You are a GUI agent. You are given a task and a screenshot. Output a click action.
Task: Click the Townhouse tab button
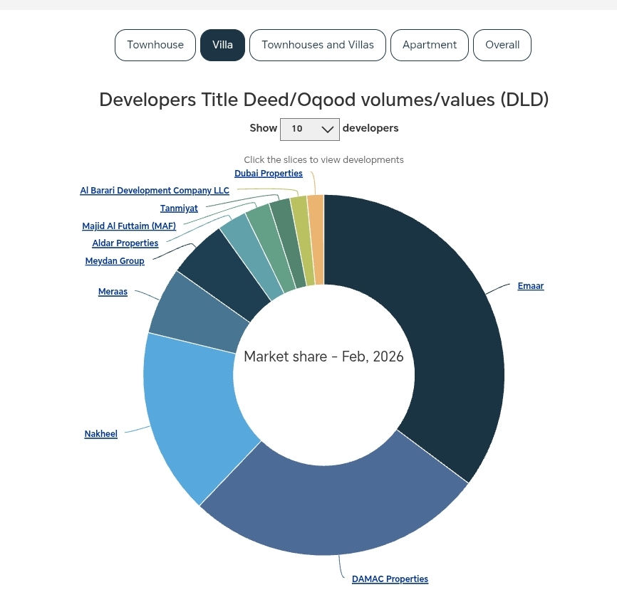(155, 45)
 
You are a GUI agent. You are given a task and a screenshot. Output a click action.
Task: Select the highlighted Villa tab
(222, 45)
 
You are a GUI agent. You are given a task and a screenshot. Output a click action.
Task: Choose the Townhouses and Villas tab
(317, 45)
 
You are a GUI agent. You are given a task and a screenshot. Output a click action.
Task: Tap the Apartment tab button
(429, 45)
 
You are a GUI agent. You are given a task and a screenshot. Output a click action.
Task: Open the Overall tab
(502, 45)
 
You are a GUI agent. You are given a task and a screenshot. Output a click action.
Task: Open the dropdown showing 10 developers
(310, 129)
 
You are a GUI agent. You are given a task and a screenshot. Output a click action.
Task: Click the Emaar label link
(530, 286)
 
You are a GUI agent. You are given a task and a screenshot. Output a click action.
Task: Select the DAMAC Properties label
(390, 579)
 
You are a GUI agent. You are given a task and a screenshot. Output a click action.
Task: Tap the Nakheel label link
(100, 434)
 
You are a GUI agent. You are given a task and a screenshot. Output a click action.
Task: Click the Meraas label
(113, 292)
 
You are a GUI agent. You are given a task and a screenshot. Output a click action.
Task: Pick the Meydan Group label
(115, 261)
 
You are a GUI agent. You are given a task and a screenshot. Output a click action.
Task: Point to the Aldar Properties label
(125, 243)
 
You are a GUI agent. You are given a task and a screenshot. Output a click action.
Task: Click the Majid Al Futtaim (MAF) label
(129, 226)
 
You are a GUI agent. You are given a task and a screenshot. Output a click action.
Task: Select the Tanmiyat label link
(179, 208)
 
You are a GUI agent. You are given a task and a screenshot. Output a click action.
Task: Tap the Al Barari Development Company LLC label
(155, 191)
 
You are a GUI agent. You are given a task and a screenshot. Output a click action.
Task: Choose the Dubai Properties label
(269, 174)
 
